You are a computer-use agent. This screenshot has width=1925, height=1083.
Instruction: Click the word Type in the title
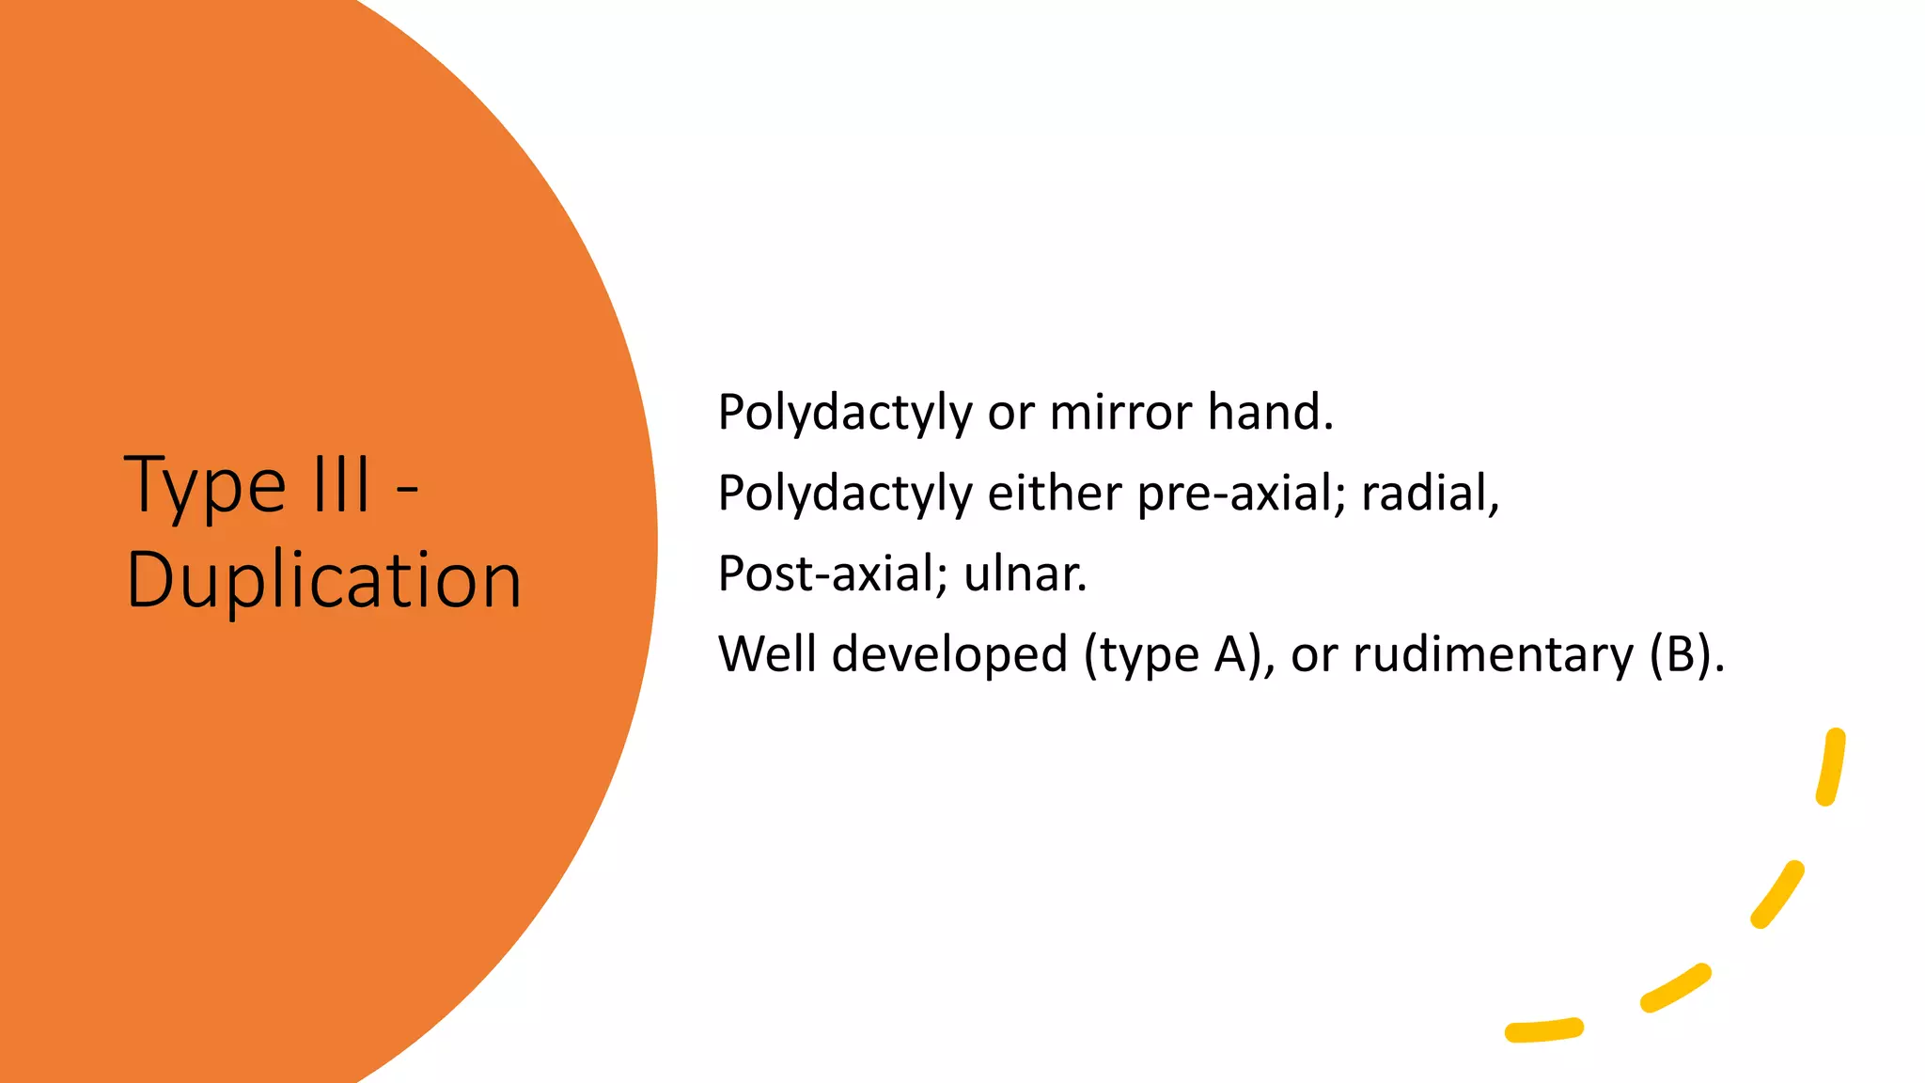[204, 486]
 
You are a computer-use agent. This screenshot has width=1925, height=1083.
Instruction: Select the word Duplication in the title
[323, 580]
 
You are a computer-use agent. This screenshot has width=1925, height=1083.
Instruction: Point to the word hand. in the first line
[1270, 413]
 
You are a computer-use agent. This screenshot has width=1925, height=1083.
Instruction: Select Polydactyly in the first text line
[844, 413]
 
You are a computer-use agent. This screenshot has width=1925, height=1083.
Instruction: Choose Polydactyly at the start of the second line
[844, 494]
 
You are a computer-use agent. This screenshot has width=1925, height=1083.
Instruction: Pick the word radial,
[1430, 494]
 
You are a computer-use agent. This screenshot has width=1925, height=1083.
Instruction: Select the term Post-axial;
[833, 573]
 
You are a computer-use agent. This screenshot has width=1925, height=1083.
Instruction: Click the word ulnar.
[1025, 573]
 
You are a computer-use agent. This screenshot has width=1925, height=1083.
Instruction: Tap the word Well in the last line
[767, 654]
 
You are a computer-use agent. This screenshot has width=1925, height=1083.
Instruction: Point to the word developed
[949, 654]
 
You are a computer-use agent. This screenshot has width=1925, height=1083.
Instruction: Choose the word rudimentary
[1493, 654]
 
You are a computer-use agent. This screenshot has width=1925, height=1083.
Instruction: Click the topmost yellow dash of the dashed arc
[1831, 766]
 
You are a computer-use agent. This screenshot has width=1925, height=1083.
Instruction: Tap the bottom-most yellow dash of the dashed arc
[1543, 1030]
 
